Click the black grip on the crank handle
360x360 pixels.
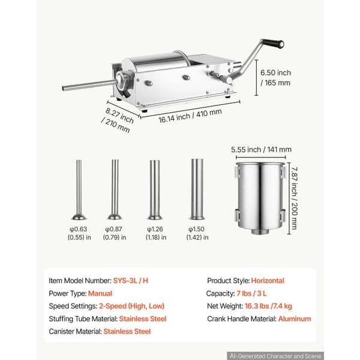click(273, 43)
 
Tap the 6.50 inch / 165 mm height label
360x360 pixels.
click(275, 77)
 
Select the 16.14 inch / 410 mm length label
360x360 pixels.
click(190, 115)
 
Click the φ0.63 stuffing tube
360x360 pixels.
click(79, 190)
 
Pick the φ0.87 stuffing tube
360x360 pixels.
click(115, 190)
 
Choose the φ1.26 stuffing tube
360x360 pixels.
click(155, 190)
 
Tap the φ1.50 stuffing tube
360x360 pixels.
click(197, 189)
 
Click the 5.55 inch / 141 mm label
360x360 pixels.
click(261, 149)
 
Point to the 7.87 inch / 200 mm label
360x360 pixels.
click(294, 198)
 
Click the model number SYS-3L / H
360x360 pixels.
click(130, 281)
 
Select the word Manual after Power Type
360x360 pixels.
click(100, 293)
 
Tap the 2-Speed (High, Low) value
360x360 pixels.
click(131, 306)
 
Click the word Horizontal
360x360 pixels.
click(268, 281)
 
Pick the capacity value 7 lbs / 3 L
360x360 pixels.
click(251, 293)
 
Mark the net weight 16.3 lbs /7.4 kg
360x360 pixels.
click(268, 306)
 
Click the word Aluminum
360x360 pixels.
click(295, 319)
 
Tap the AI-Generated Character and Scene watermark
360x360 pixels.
click(275, 356)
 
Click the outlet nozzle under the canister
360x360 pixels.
click(260, 231)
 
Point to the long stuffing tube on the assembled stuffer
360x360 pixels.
click(89, 85)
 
